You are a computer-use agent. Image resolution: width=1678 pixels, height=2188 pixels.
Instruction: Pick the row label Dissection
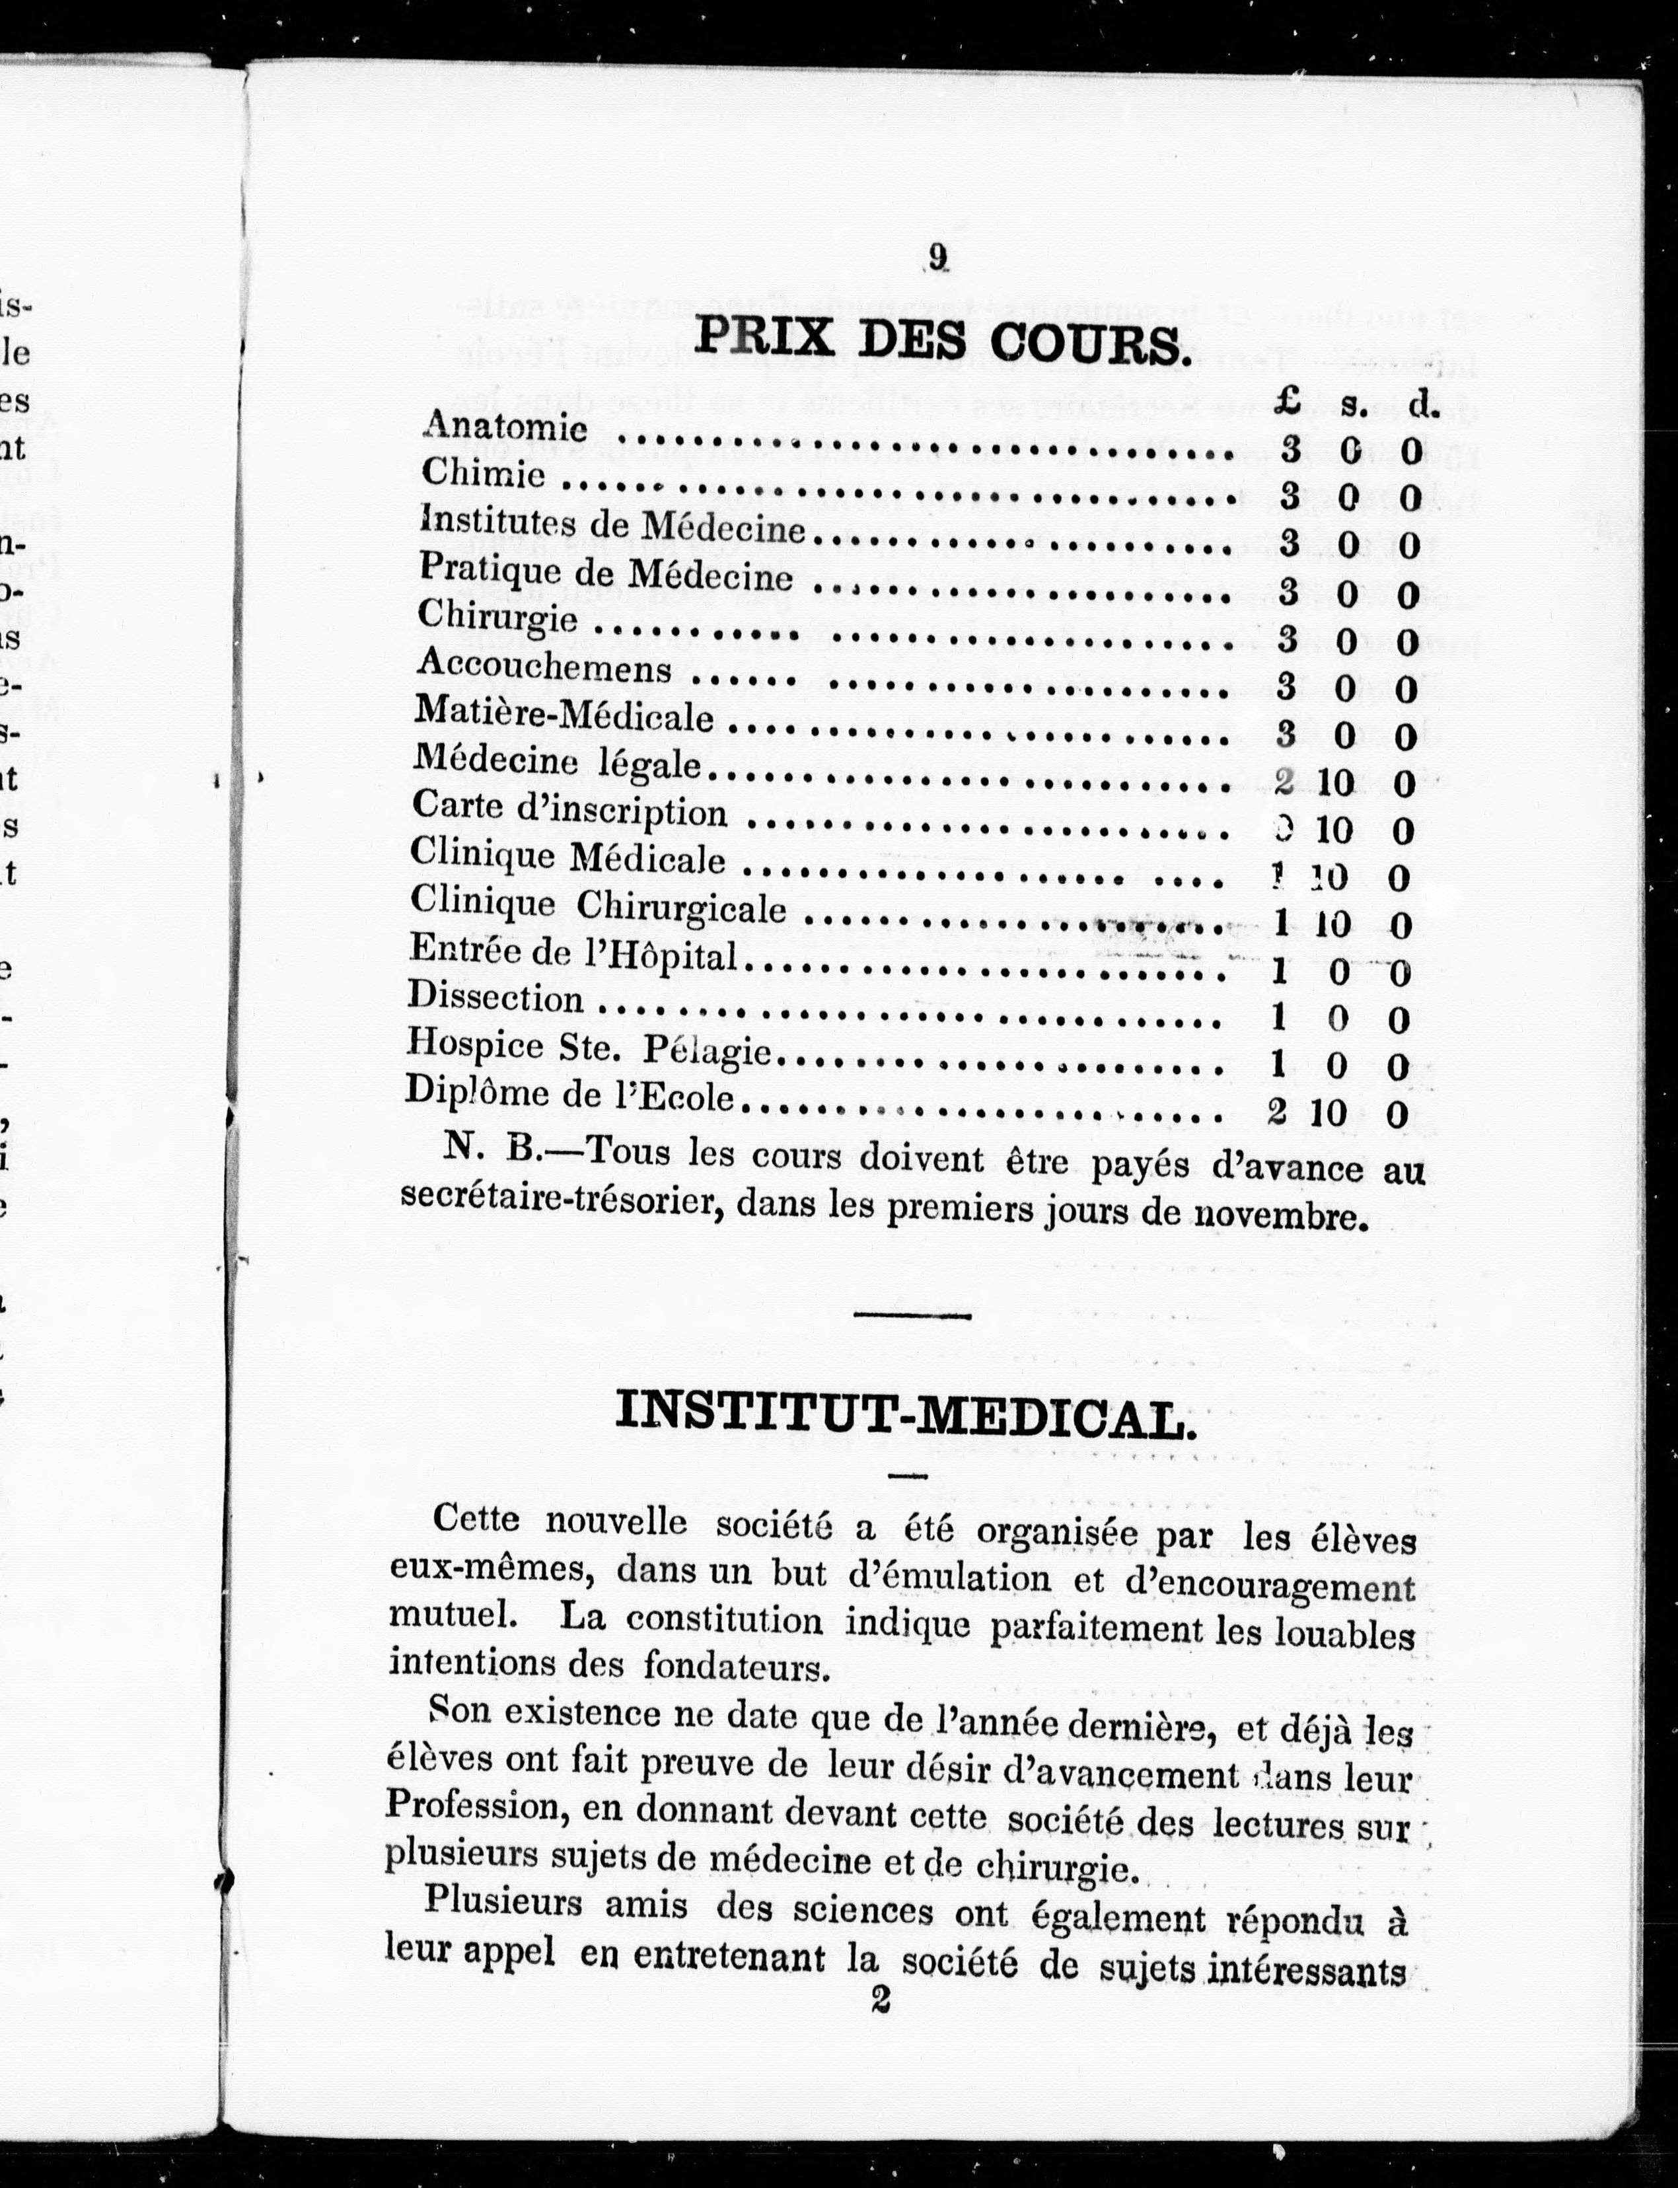click(x=495, y=998)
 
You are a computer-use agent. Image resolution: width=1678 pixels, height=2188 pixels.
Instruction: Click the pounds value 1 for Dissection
click(x=1278, y=1017)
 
